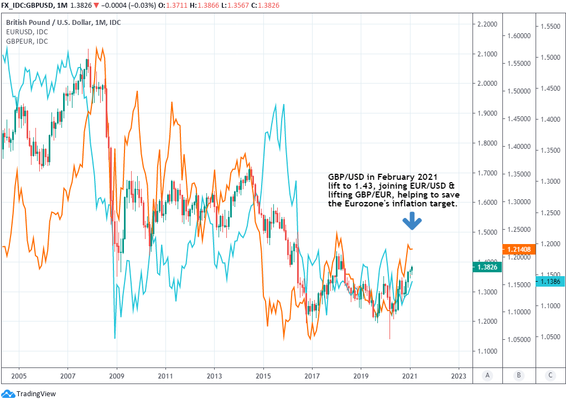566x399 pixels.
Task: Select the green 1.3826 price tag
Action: [487, 267]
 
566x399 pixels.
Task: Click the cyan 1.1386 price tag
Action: [550, 282]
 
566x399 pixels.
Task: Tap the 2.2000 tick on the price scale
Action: [487, 24]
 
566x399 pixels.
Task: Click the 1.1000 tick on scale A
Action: [487, 351]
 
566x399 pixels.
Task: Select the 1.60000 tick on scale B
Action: [518, 36]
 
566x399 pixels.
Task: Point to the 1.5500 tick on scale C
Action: [550, 26]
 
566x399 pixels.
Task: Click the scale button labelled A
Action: [487, 375]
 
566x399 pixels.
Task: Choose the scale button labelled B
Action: [519, 375]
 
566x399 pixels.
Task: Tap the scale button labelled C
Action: [551, 375]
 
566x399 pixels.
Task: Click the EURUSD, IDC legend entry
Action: [27, 32]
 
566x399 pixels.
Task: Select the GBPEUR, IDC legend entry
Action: [27, 41]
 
